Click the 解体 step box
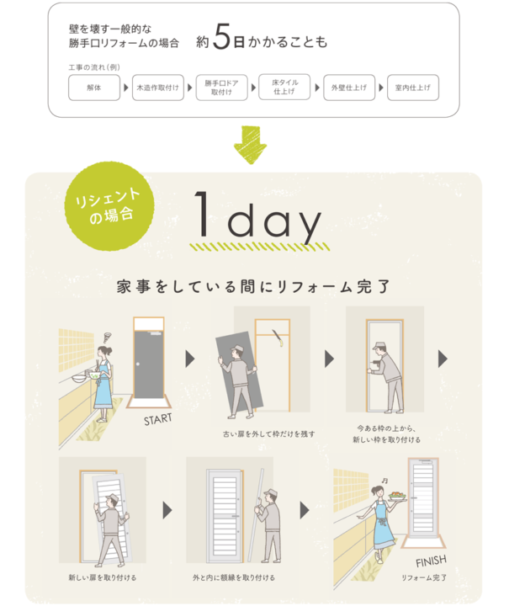94,88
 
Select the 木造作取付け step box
158,88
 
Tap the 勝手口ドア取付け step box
221,88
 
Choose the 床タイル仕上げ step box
284,87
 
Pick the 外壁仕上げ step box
349,88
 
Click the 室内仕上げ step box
413,88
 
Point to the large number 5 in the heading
221,37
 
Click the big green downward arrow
250,145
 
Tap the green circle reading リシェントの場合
109,206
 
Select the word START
157,419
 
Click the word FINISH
431,561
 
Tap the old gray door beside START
149,364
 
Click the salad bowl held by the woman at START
94,375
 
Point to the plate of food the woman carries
397,497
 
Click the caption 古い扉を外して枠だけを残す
268,434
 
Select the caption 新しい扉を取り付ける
103,577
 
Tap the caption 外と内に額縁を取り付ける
234,577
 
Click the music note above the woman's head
384,481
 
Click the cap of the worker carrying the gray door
236,348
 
